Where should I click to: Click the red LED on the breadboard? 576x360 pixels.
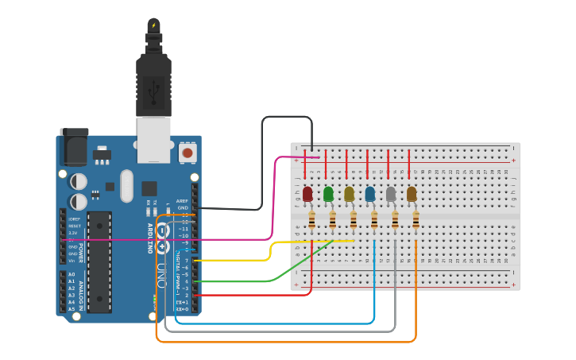[x=307, y=194]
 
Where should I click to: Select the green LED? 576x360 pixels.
[x=328, y=194]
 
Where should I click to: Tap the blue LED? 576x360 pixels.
[x=370, y=194]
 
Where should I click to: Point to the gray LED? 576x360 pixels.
[x=391, y=194]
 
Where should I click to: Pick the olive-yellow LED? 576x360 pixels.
[x=349, y=194]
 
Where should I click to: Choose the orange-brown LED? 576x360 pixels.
[x=412, y=194]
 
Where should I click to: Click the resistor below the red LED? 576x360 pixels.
[x=311, y=221]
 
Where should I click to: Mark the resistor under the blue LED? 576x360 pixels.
[x=374, y=221]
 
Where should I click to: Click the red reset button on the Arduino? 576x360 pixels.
[x=187, y=151]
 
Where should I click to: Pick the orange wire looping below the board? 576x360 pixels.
[x=286, y=342]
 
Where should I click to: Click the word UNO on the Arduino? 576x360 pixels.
[x=162, y=273]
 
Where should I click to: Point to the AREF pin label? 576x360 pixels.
[x=183, y=202]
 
